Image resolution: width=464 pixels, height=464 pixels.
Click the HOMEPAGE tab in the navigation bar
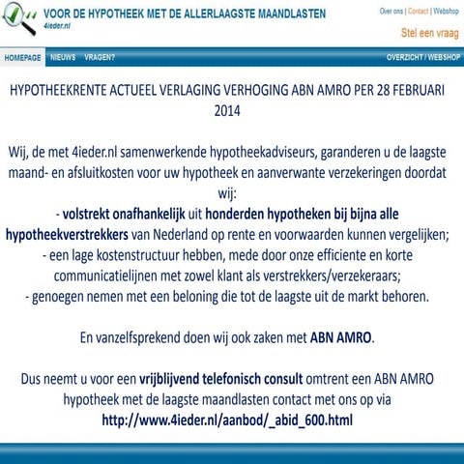click(22, 57)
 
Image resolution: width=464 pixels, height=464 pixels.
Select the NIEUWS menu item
click(63, 57)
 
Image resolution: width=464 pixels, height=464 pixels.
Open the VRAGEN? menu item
click(99, 57)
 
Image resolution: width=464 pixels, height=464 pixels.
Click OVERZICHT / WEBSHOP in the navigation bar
click(422, 57)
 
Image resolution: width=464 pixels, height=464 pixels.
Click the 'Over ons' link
click(391, 11)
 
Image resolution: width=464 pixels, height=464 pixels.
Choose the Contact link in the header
click(418, 11)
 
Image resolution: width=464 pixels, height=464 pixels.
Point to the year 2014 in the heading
click(232, 110)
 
